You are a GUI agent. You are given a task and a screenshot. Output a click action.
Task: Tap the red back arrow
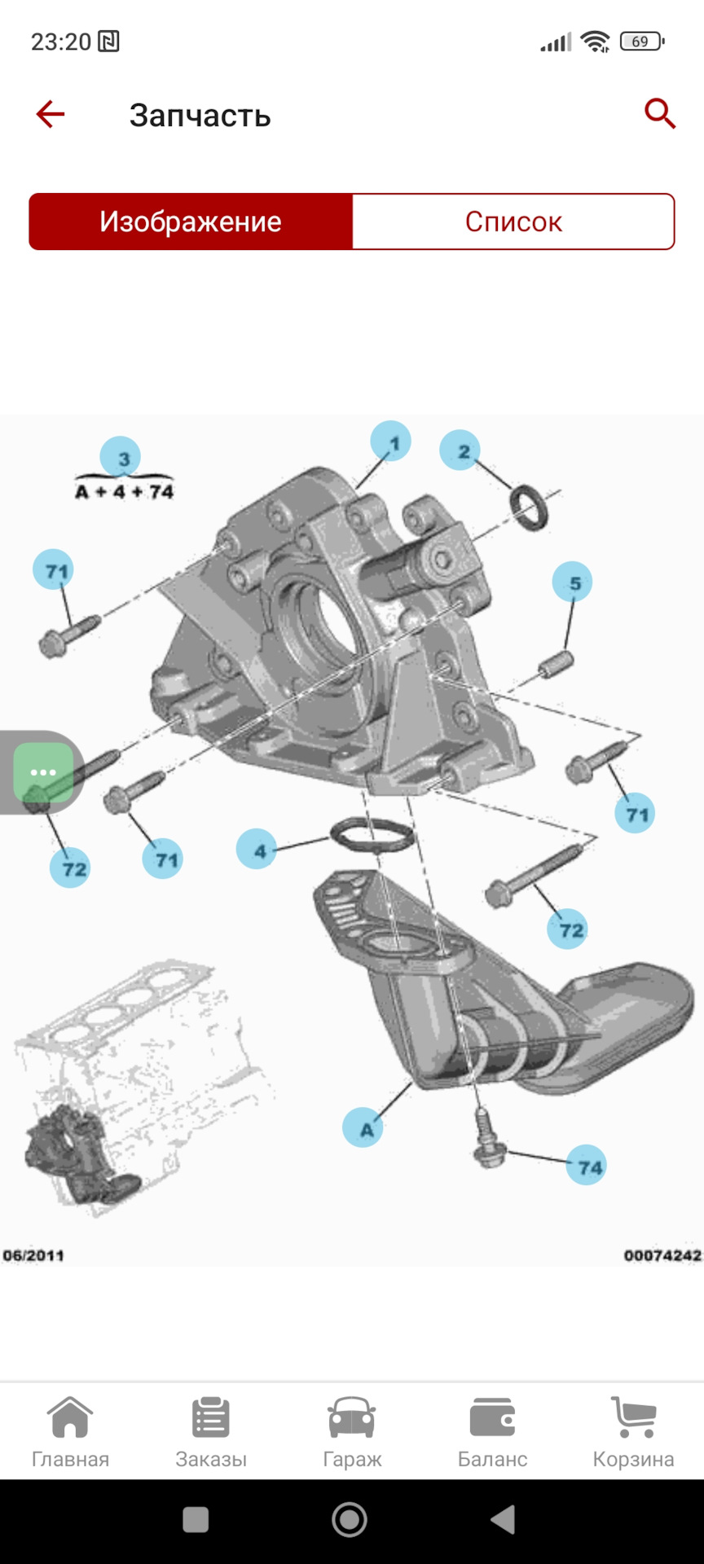pyautogui.click(x=50, y=114)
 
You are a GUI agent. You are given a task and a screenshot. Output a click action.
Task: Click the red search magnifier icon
pyautogui.click(x=660, y=114)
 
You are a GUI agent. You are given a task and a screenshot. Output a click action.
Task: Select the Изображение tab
pyautogui.click(x=191, y=222)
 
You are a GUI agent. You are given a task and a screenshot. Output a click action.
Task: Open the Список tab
pyautogui.click(x=513, y=222)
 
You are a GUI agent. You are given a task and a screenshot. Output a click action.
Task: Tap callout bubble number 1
pyautogui.click(x=391, y=442)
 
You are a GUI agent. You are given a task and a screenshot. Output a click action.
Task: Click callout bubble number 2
pyautogui.click(x=460, y=450)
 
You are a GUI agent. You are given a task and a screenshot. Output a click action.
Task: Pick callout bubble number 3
pyautogui.click(x=121, y=458)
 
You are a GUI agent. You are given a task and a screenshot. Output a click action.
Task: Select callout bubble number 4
pyautogui.click(x=257, y=849)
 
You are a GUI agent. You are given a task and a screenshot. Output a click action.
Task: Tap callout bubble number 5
pyautogui.click(x=572, y=582)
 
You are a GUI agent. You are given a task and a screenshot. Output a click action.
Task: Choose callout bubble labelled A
pyautogui.click(x=363, y=1127)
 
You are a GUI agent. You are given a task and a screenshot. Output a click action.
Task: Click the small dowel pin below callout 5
pyautogui.click(x=557, y=664)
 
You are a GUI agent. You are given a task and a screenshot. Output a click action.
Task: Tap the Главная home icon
pyautogui.click(x=70, y=1417)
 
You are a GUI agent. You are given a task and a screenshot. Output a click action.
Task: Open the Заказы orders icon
pyautogui.click(x=211, y=1417)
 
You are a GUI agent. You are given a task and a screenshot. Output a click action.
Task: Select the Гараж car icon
pyautogui.click(x=352, y=1417)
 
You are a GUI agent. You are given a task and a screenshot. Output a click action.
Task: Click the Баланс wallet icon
pyautogui.click(x=493, y=1417)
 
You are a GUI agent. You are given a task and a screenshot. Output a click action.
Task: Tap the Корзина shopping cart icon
pyautogui.click(x=633, y=1417)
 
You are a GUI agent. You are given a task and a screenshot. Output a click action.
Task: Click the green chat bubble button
pyautogui.click(x=43, y=772)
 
